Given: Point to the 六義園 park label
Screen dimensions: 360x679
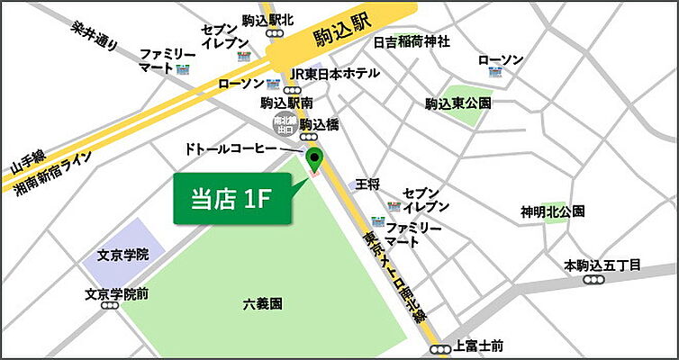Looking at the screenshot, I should click(262, 304).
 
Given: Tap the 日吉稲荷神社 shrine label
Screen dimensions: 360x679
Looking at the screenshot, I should click(412, 41).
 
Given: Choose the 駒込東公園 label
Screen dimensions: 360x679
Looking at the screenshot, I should click(458, 103).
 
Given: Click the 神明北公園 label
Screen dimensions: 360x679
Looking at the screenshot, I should click(552, 212).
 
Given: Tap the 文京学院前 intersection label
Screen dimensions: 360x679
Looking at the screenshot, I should click(117, 293).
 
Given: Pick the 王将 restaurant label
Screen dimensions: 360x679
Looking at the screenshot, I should click(369, 184).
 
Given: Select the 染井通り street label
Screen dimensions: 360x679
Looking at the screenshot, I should click(94, 34).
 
